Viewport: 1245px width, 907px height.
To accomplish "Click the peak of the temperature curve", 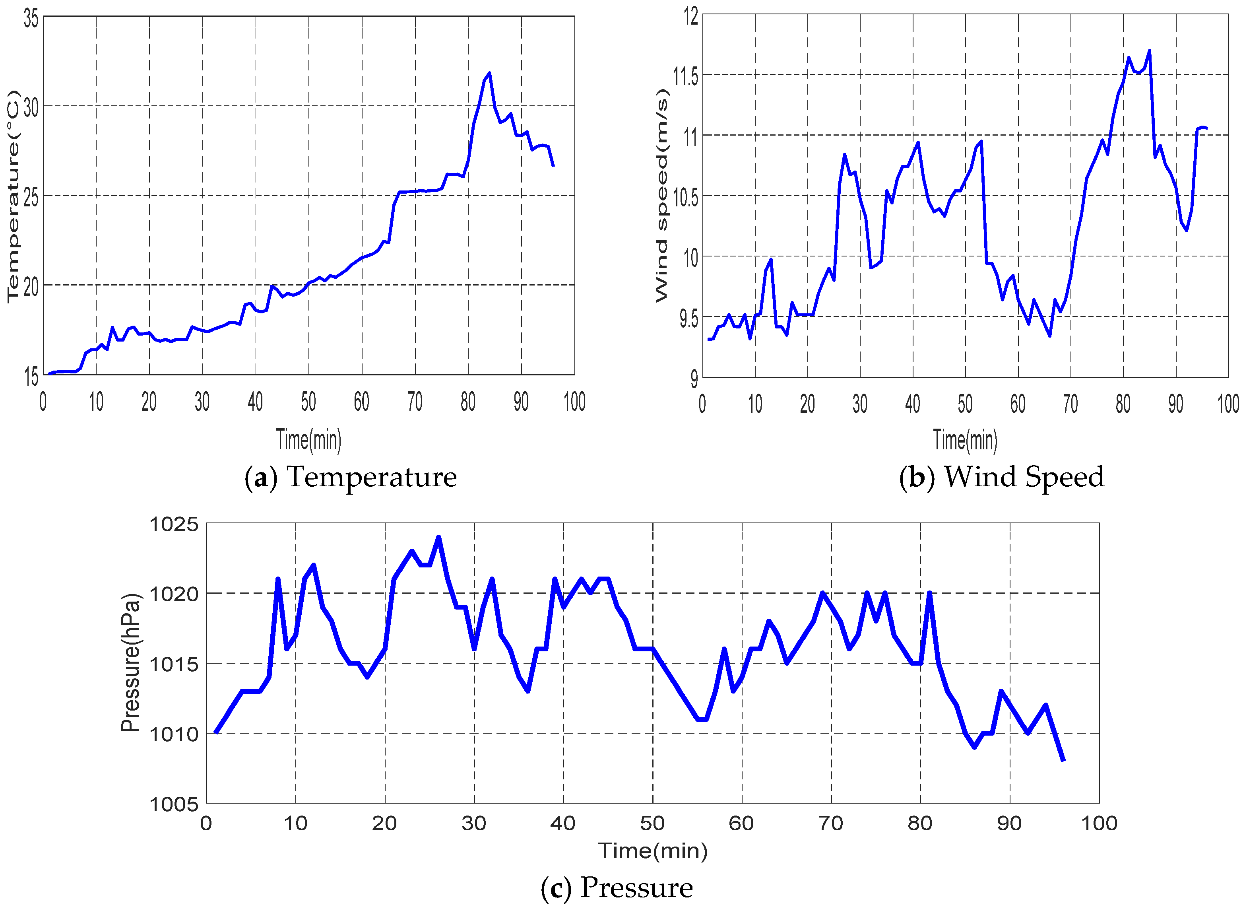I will (x=489, y=73).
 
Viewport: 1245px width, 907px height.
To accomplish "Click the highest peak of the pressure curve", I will (x=438, y=538).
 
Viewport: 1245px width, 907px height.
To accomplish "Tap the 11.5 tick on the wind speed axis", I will (x=686, y=76).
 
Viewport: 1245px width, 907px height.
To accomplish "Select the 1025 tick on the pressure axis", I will (x=174, y=524).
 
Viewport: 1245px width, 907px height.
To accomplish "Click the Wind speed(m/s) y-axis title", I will (x=662, y=196).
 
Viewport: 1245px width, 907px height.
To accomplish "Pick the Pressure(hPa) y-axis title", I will (x=131, y=663).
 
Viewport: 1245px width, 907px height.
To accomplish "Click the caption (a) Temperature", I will (x=350, y=476).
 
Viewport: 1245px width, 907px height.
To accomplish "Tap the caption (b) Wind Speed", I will (x=1001, y=476).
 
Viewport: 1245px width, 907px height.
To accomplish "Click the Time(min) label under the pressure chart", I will (x=653, y=851).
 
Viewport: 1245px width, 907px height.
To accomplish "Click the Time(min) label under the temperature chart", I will (x=308, y=440).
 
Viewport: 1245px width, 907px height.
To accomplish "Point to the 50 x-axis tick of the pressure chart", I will (x=652, y=823).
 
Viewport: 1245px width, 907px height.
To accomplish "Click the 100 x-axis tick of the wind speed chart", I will (x=1228, y=404).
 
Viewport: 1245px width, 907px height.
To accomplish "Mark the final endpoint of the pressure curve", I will (x=1063, y=760).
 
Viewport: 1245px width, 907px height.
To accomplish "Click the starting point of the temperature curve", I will (x=49, y=373).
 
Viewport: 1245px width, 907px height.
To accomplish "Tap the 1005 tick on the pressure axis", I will (x=174, y=804).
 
